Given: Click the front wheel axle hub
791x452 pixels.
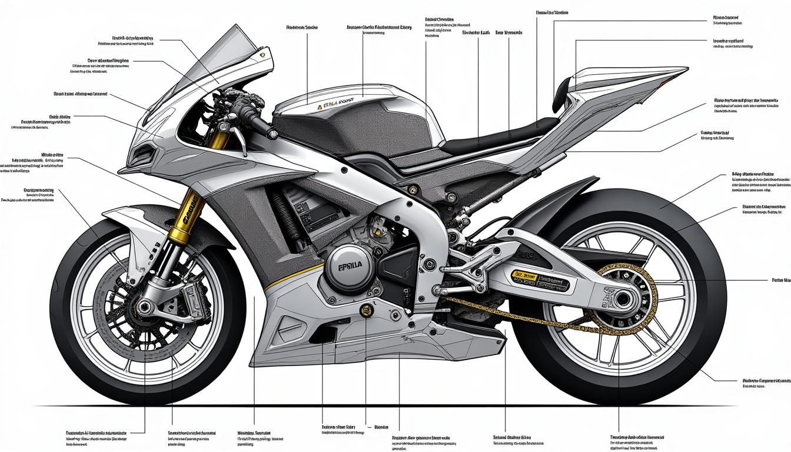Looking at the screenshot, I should click(x=143, y=306).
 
